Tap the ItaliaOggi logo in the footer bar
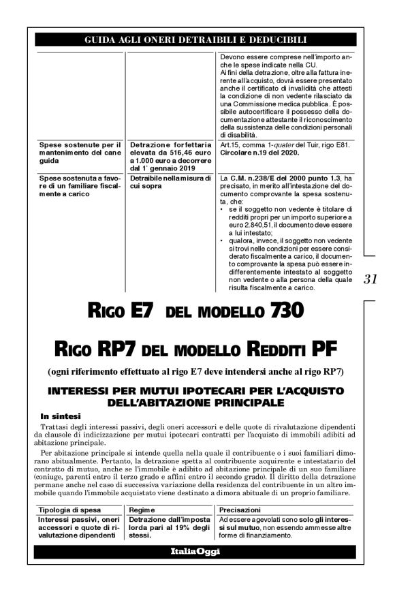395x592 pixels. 197,551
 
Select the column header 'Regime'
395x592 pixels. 142,510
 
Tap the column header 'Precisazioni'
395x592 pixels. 240,510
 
